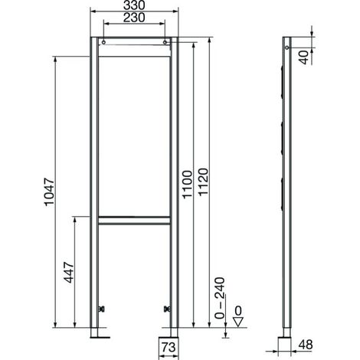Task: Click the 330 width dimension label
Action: pos(134,5)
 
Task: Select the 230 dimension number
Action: pos(134,18)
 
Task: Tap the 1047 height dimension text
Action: pos(50,192)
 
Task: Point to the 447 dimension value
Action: pos(69,273)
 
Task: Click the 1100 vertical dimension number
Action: pos(187,185)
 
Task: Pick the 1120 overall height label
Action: pos(204,182)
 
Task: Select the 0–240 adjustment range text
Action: pos(220,298)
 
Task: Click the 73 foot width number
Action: pos(169,347)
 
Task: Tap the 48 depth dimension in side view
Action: pos(306,345)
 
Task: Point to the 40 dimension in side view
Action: pos(304,57)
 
